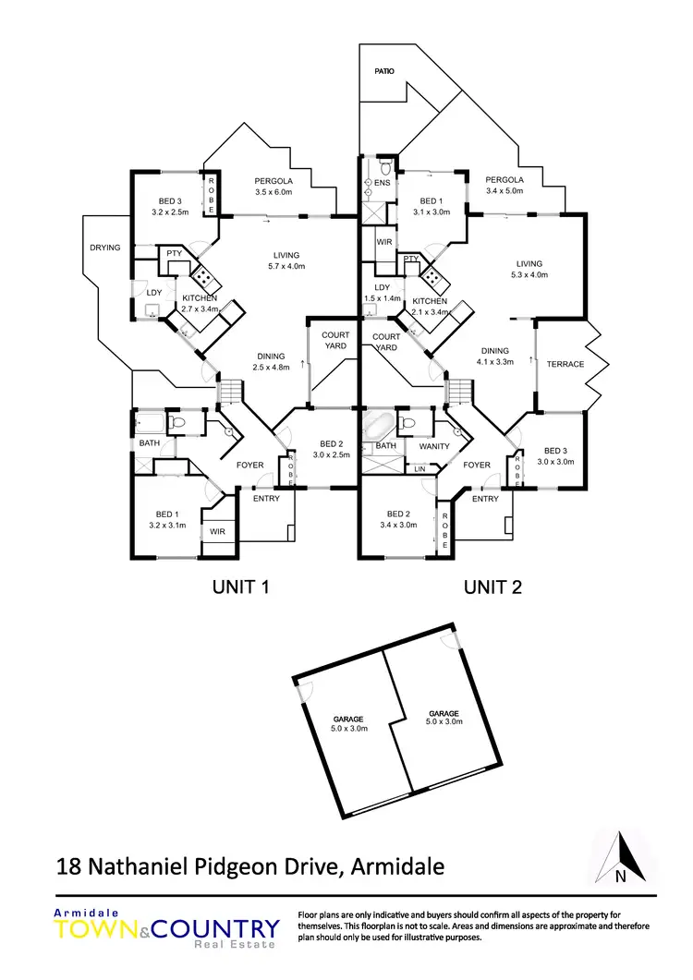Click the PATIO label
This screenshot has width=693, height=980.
coord(383,69)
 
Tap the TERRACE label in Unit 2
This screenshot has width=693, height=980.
coord(565,364)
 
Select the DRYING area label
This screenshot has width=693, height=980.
coord(106,248)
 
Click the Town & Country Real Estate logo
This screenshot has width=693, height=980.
coord(166,927)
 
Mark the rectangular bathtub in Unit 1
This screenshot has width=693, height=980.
coord(150,423)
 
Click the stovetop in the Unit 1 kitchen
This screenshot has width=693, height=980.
coord(202,274)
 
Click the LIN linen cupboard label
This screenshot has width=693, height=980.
coord(420,469)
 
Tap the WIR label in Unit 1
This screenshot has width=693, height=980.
coord(217,532)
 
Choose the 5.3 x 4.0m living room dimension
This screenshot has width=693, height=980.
coord(529,274)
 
